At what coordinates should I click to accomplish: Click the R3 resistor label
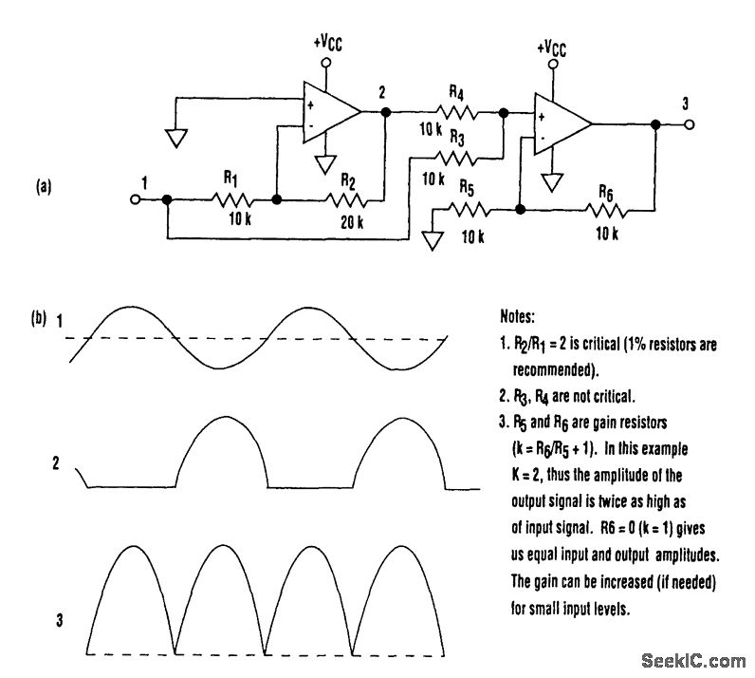(x=456, y=139)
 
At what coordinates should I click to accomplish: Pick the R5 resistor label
(x=464, y=188)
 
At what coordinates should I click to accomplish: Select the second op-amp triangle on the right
(x=561, y=123)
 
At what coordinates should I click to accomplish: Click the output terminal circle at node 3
(x=690, y=123)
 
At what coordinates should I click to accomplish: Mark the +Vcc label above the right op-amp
(x=556, y=47)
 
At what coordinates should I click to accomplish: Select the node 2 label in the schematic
(x=382, y=91)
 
